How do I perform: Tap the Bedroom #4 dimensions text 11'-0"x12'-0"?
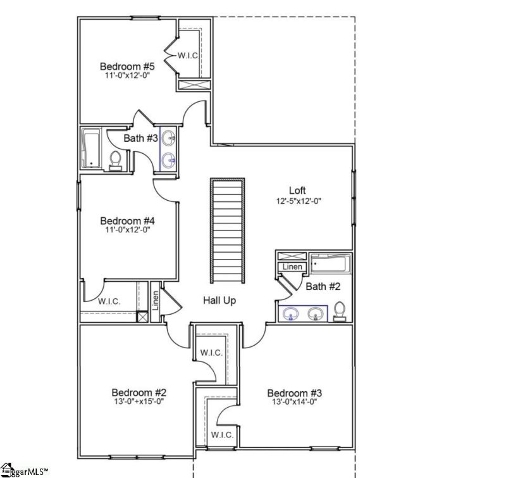point(128,230)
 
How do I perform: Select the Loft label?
point(297,190)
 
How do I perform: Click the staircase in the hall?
point(228,232)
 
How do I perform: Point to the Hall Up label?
point(219,301)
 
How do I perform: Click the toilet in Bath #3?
point(115,160)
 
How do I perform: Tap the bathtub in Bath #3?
point(91,148)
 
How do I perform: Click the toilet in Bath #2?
point(340,311)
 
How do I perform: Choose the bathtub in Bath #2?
point(330,263)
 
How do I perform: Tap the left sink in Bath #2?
point(292,313)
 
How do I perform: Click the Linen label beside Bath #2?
point(292,267)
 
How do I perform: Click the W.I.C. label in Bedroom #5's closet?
point(188,56)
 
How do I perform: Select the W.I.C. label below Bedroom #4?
point(109,301)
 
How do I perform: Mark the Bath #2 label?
point(323,287)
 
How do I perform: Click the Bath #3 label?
point(140,138)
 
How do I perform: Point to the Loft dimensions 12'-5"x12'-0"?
point(297,201)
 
